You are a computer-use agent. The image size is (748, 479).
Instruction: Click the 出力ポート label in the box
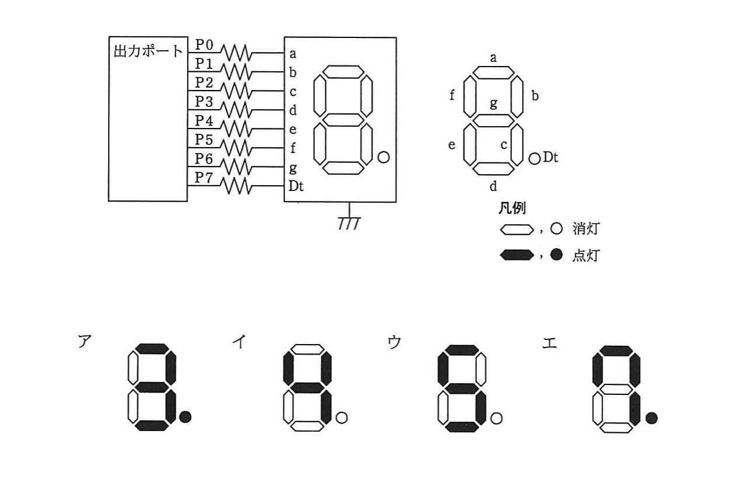148,51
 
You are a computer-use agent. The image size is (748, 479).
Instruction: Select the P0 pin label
204,45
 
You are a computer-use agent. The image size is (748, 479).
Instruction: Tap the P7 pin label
204,178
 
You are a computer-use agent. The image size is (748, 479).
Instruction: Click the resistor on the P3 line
236,109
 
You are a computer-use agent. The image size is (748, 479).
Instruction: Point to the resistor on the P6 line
236,166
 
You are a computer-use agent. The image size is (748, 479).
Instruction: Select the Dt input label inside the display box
296,186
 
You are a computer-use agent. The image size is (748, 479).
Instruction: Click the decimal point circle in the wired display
383,157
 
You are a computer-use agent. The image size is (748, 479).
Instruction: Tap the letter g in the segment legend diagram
493,103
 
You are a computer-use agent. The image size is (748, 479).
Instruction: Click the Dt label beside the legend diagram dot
550,157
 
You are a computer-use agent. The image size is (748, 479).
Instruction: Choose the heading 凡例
512,209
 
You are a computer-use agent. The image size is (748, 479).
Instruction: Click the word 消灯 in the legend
586,229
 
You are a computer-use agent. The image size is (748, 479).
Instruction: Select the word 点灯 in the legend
586,255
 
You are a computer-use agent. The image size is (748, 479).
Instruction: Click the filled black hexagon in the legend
517,255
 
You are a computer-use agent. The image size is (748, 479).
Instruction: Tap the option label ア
85,341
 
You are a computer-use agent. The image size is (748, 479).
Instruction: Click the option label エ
549,343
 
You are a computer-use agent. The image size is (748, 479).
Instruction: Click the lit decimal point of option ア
185,417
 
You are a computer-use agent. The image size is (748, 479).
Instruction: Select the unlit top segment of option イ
307,349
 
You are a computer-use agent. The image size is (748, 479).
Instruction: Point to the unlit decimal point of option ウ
496,418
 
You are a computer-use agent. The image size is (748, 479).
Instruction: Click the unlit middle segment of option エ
616,390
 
